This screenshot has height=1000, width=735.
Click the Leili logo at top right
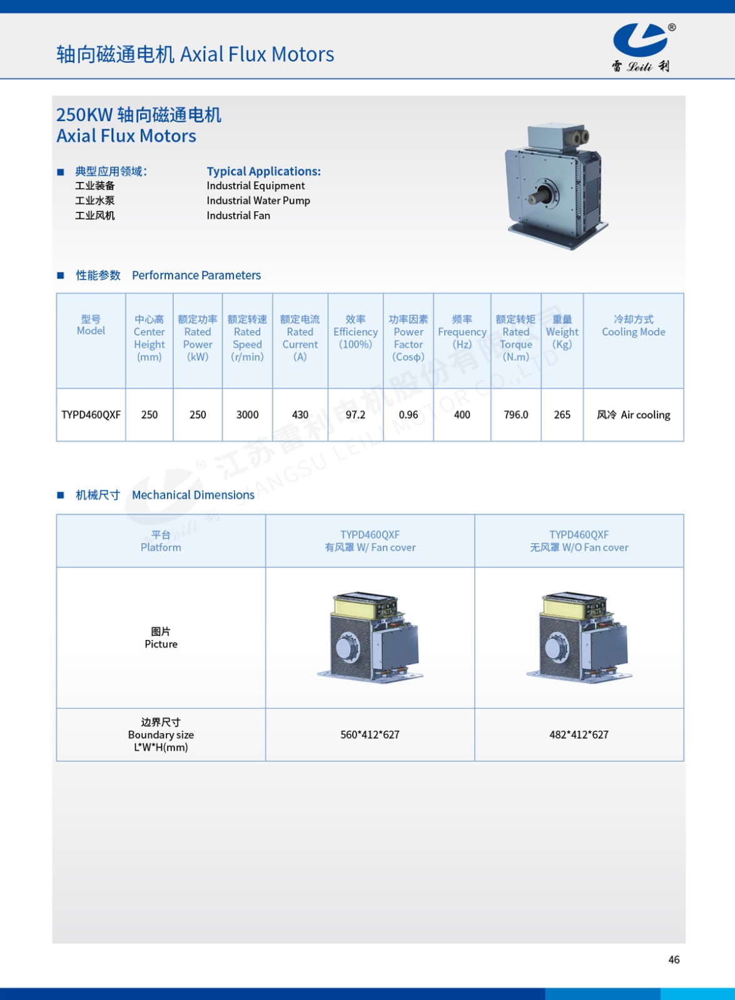[641, 47]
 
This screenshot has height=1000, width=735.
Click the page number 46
[674, 959]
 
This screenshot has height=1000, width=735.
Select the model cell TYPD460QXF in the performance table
[91, 414]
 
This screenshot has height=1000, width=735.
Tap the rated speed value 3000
[247, 414]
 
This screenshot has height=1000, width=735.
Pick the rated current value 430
[300, 414]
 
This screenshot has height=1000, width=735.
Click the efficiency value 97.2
[355, 414]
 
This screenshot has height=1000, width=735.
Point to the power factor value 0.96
[408, 414]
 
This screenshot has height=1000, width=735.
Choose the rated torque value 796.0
[516, 414]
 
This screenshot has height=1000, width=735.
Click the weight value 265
[562, 414]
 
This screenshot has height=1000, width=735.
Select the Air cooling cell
[633, 414]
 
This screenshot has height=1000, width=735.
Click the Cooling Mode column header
[633, 326]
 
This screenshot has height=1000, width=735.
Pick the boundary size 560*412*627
[370, 734]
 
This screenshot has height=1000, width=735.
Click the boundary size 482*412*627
[579, 734]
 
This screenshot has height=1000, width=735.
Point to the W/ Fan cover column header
[370, 541]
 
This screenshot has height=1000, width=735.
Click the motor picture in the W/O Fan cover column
[579, 637]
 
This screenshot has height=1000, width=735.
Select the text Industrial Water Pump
[258, 201]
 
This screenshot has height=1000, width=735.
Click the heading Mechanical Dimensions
[193, 495]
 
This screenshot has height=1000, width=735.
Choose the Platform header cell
[161, 541]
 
